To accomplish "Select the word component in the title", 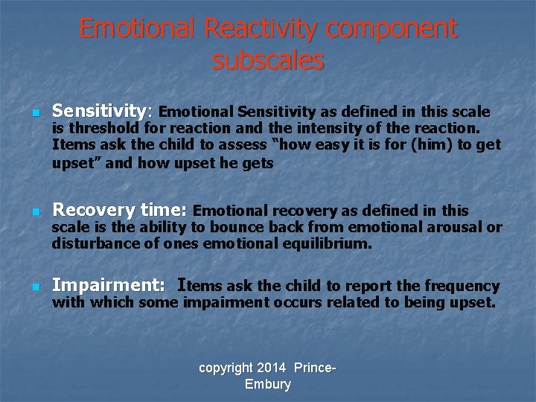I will pyautogui.click(x=392, y=29).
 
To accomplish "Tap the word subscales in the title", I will pyautogui.click(x=268, y=60).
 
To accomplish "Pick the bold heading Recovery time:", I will pyautogui.click(x=120, y=211).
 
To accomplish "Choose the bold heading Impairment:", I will pyautogui.click(x=109, y=285).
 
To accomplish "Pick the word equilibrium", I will pyautogui.click(x=328, y=243).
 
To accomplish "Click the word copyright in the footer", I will pyautogui.click(x=226, y=368).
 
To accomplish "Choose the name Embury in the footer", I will pyautogui.click(x=268, y=384).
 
